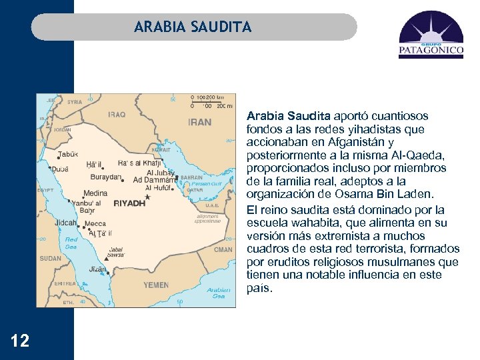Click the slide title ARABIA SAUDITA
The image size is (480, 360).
(x=193, y=27)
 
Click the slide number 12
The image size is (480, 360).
(x=20, y=341)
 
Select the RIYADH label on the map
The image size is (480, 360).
(x=129, y=203)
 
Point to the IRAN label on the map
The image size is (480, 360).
(x=199, y=122)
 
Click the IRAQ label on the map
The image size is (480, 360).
(x=117, y=114)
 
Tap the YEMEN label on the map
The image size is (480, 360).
(x=156, y=285)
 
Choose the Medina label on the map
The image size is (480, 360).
(x=95, y=193)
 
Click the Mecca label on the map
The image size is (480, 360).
(x=95, y=223)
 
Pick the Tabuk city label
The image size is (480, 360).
(x=68, y=154)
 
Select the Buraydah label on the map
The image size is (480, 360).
(x=105, y=177)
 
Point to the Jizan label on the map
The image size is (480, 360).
(x=97, y=269)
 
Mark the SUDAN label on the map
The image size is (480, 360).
(x=51, y=257)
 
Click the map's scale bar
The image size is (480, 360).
(x=211, y=102)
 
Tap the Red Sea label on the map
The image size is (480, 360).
(x=71, y=243)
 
